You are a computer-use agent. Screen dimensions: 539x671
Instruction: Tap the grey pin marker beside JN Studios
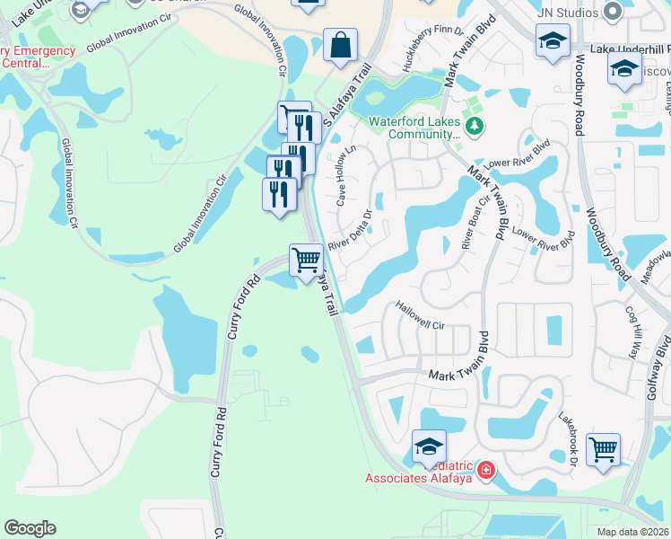point(613,12)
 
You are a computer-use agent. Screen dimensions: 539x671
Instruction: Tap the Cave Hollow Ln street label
point(346,176)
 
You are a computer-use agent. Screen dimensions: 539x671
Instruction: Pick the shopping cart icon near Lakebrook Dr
point(604,448)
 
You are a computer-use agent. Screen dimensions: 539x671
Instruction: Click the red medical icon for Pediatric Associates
point(485,469)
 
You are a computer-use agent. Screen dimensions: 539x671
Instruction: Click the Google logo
point(30,528)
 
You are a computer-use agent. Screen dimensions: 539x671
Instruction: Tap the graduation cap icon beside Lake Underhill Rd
point(553,40)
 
